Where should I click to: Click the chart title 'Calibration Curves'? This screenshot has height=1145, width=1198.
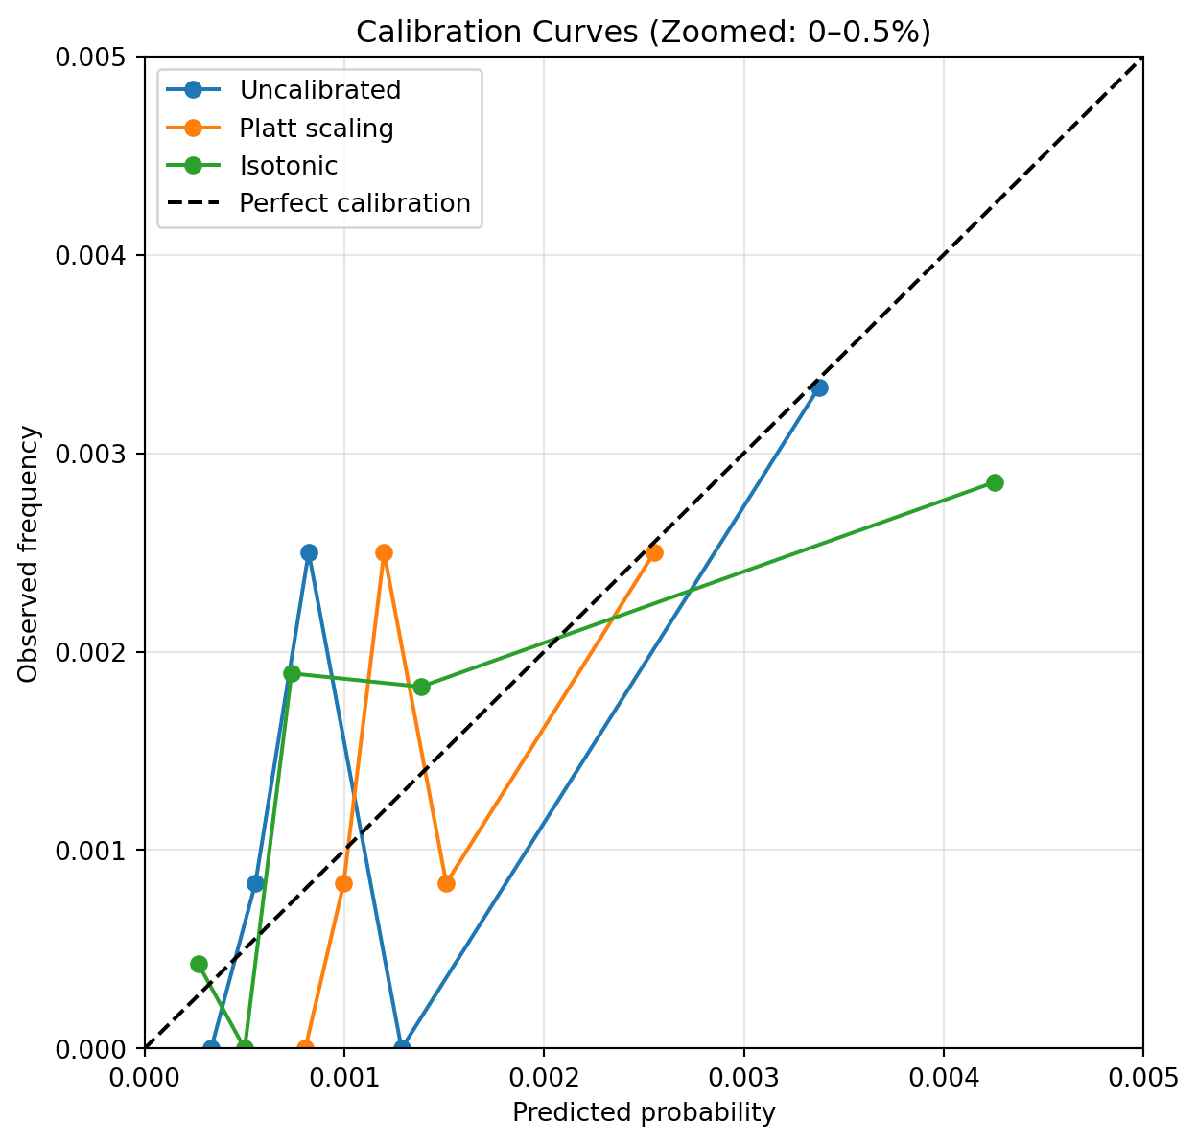coord(644,32)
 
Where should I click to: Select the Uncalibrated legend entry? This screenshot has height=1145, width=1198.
coord(319,90)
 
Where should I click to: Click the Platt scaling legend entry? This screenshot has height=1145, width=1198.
coord(317,128)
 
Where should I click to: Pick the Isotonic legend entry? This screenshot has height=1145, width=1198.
coord(289,166)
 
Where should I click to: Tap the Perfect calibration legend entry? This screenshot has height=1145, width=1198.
coord(355,203)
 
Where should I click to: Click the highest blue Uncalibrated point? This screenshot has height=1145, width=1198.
coord(819,387)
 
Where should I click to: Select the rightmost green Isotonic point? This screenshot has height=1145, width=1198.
coord(995,482)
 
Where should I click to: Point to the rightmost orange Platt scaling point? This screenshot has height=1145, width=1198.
coord(654,552)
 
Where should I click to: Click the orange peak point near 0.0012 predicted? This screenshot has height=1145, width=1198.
coord(385,552)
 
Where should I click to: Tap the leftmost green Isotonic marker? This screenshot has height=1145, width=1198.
coord(199,964)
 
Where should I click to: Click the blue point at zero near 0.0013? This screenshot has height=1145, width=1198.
coord(403,1048)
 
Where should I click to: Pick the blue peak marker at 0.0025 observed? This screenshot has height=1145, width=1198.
coord(309,552)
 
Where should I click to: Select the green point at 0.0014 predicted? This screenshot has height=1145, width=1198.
coord(421,687)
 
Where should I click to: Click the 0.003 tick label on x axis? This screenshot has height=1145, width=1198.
coord(743,1077)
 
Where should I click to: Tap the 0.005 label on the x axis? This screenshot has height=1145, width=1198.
coord(1142,1077)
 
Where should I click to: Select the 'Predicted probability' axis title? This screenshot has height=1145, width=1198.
coord(644,1113)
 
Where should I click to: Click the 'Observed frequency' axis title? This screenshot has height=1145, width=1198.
coord(30,553)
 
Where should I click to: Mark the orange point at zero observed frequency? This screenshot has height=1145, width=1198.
coord(305,1048)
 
